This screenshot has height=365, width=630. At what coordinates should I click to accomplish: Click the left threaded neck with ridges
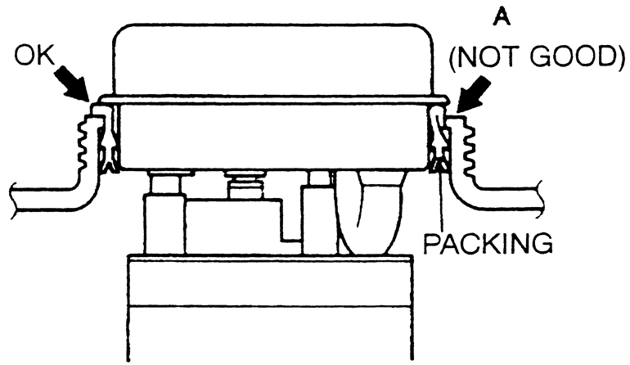(x=83, y=147)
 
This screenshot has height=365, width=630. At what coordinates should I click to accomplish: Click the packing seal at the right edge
(x=440, y=164)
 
